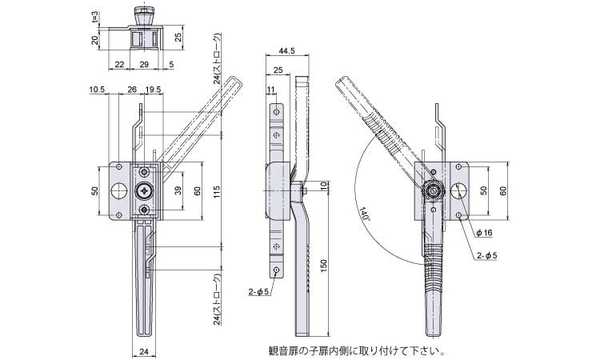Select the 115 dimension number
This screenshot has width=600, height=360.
(x=218, y=192)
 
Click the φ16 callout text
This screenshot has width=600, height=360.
(x=483, y=232)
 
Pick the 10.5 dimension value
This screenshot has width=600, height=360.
(x=98, y=89)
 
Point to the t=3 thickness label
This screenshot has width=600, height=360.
(x=94, y=18)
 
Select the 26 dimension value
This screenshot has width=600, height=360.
(x=131, y=89)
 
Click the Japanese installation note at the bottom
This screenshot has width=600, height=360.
(x=356, y=350)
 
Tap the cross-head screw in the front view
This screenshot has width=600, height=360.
(x=144, y=190)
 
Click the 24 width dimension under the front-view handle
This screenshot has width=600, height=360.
(x=143, y=350)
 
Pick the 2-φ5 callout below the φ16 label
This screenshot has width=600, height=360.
(x=486, y=255)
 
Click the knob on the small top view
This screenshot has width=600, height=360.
(x=145, y=17)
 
